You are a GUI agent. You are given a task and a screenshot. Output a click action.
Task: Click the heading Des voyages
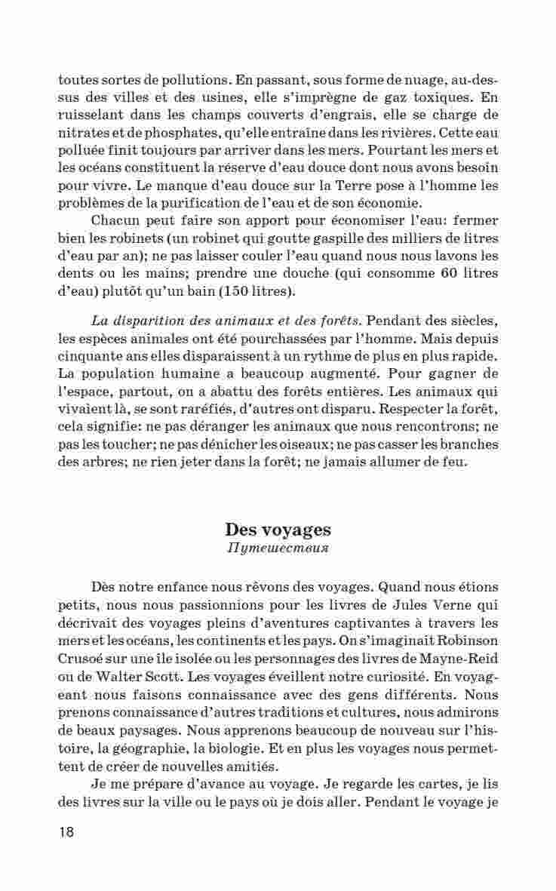pos(278,529)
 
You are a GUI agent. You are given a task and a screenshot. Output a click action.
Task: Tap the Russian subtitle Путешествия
pos(278,547)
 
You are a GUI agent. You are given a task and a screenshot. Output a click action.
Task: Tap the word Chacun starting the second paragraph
pos(115,220)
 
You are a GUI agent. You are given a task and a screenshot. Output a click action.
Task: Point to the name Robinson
pos(461,641)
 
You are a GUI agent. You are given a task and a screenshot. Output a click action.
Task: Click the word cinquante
pos(88,356)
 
